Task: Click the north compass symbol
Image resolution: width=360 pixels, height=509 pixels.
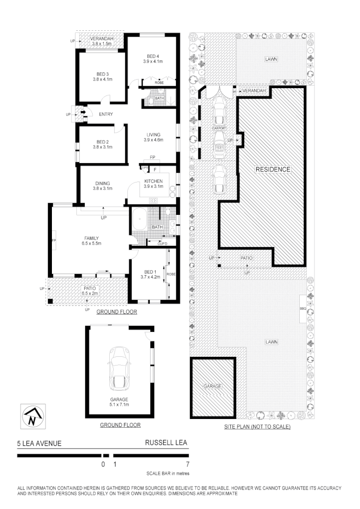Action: tap(32, 417)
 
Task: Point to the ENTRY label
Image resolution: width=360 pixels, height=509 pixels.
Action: tap(106, 115)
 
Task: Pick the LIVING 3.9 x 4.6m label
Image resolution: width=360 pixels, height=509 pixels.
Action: tap(153, 137)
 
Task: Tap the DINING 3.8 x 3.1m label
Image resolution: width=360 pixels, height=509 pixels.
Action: tap(103, 186)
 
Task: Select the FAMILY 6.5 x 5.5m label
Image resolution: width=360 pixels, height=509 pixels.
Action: tap(91, 240)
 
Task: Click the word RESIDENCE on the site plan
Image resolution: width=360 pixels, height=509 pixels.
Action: tap(273, 169)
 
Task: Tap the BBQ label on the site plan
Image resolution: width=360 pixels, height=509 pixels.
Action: tap(302, 309)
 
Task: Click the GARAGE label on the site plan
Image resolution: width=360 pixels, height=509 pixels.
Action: tap(213, 386)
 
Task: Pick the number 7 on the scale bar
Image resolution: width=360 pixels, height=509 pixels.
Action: tap(188, 464)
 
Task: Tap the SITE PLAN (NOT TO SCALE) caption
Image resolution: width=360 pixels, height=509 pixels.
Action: tap(257, 427)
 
